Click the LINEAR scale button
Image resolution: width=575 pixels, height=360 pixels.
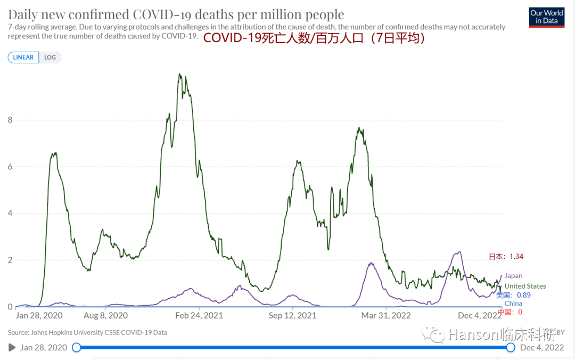[23, 58]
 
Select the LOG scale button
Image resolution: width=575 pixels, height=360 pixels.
[50, 58]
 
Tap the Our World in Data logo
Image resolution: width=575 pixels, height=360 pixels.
[546, 17]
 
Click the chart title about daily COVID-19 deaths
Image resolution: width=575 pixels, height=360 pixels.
[176, 14]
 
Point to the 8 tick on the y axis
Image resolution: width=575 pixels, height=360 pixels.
[10, 120]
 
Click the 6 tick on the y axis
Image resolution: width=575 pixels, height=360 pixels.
[10, 167]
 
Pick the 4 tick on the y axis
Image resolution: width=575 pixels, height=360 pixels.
[10, 214]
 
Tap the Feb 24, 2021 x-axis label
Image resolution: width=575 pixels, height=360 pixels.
[199, 315]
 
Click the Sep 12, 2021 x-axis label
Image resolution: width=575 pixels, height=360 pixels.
[292, 315]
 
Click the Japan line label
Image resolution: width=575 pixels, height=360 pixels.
[513, 276]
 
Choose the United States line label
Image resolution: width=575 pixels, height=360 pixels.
[525, 286]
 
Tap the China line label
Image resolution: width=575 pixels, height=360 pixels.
[513, 304]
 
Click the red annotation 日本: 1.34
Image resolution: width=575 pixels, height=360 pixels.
[506, 257]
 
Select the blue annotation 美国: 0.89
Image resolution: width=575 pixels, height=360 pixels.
[513, 295]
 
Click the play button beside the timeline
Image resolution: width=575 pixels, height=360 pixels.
[12, 348]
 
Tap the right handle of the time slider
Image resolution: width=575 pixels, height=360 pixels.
[511, 348]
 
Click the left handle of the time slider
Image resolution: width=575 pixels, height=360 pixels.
[76, 348]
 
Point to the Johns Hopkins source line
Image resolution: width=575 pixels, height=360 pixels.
[87, 332]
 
